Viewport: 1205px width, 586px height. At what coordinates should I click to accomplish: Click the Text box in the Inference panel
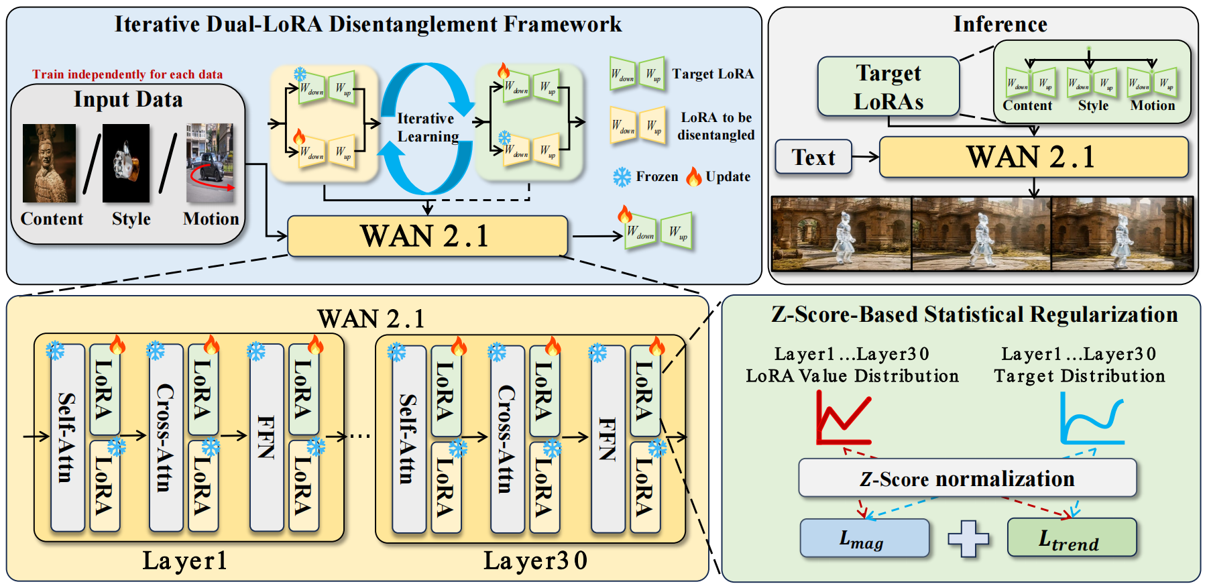[x=813, y=157]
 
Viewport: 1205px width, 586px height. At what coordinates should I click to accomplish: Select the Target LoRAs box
[x=888, y=86]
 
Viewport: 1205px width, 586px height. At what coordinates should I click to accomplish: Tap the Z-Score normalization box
[x=967, y=479]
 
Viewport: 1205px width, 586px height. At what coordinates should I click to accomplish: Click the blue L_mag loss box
[x=864, y=538]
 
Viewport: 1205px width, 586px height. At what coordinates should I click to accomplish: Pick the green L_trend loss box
[x=1072, y=538]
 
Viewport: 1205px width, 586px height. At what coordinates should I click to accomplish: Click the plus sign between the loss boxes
[x=968, y=538]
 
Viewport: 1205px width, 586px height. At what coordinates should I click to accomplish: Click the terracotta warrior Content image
[x=49, y=163]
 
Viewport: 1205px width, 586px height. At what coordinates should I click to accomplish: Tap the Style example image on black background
[x=126, y=163]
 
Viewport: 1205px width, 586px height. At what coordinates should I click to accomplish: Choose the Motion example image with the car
[x=210, y=163]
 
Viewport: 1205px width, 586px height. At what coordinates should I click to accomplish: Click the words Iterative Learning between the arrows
[x=427, y=127]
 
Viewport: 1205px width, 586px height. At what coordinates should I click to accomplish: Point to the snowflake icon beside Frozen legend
[x=622, y=177]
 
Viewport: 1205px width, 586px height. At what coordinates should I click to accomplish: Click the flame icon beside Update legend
[x=693, y=177]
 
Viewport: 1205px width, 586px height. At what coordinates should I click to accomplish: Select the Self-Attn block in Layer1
[x=68, y=437]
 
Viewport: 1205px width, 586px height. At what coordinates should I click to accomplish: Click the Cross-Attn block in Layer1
[x=166, y=437]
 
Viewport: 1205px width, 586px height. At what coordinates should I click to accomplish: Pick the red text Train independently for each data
[x=127, y=74]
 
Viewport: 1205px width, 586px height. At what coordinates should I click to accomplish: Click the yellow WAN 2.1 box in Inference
[x=1033, y=157]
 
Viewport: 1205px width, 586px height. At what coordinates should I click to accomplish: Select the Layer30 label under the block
[x=535, y=561]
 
